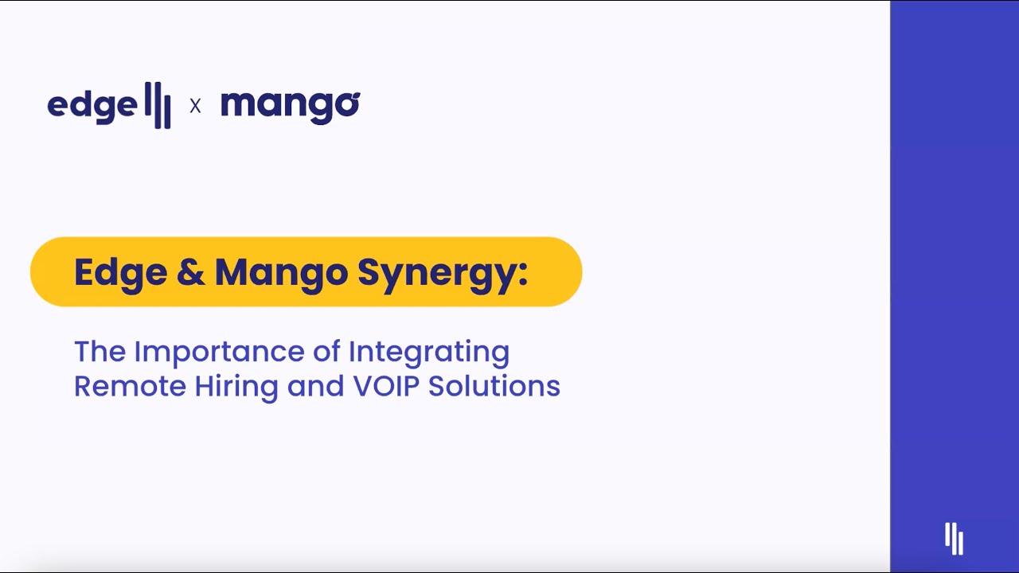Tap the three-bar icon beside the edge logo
point(158,104)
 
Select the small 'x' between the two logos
point(195,105)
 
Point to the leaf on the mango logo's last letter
point(354,95)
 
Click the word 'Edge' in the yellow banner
point(120,272)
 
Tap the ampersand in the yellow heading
point(191,272)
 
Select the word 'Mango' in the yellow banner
point(281,272)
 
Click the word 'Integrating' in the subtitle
point(429,352)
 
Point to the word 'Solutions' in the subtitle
point(494,386)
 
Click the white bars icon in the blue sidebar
point(954,538)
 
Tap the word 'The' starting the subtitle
point(100,351)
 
